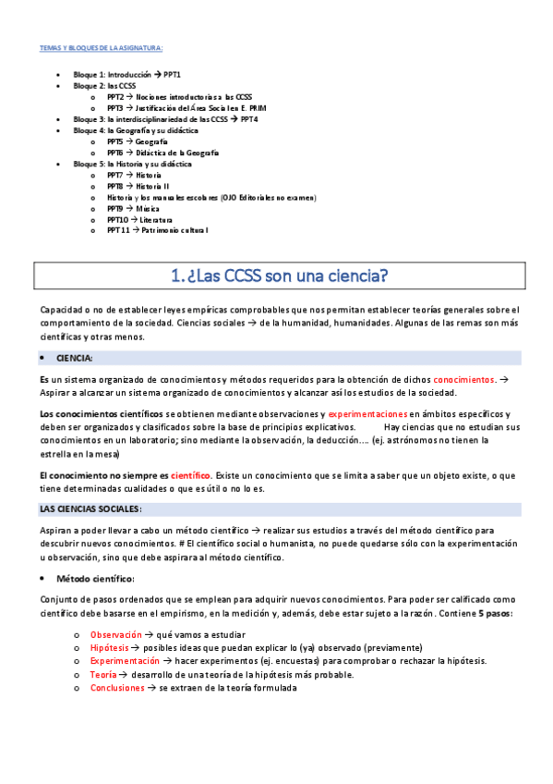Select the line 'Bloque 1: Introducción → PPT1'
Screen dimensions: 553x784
127,73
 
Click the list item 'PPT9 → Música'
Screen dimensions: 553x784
133,209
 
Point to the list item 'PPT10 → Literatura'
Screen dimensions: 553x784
139,220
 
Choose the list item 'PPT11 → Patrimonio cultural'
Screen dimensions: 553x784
157,231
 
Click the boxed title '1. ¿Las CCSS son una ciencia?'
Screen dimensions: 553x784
279,276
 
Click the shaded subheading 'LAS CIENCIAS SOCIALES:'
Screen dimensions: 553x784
90,509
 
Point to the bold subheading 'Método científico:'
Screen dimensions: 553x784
95,579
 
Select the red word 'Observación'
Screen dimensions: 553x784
115,635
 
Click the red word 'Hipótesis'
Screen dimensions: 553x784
110,648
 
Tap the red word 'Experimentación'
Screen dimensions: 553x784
125,661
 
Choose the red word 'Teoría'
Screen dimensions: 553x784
102,675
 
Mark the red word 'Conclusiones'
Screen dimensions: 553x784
117,688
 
